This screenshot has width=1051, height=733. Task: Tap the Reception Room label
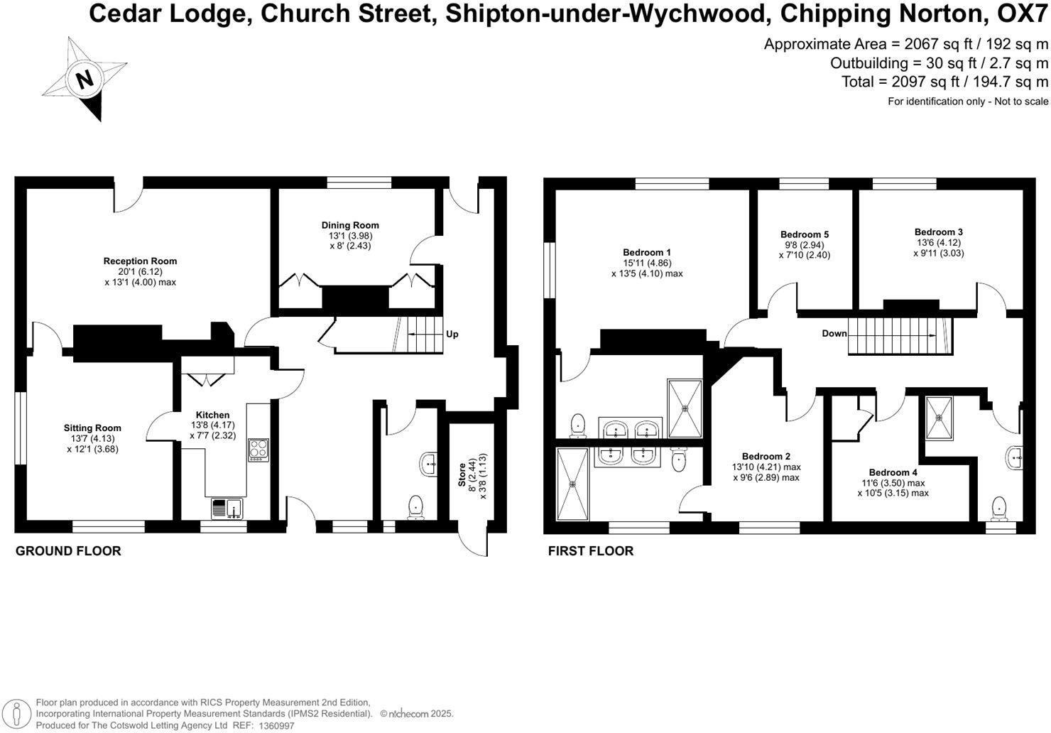pos(140,261)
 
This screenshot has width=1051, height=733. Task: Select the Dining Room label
pos(350,226)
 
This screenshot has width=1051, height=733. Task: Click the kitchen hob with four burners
pos(258,450)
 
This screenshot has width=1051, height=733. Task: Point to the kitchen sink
pos(227,509)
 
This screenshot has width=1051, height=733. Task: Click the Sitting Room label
pos(92,428)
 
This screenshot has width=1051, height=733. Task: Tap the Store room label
pos(462,475)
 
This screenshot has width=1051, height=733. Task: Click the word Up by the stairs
pos(452,334)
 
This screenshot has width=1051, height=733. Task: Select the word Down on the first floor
pos(834,333)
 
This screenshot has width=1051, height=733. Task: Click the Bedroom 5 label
pos(805,235)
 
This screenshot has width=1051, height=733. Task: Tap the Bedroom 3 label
pos(939,232)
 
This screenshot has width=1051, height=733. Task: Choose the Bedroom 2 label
pos(766,457)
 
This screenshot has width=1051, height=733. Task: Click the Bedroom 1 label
pos(647,253)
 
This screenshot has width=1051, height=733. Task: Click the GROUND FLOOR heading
pos(68,551)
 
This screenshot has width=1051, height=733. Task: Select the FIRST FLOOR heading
pos(591,551)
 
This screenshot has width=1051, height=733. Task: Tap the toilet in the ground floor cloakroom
pos(416,506)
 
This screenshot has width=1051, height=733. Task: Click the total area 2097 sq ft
pos(944,82)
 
